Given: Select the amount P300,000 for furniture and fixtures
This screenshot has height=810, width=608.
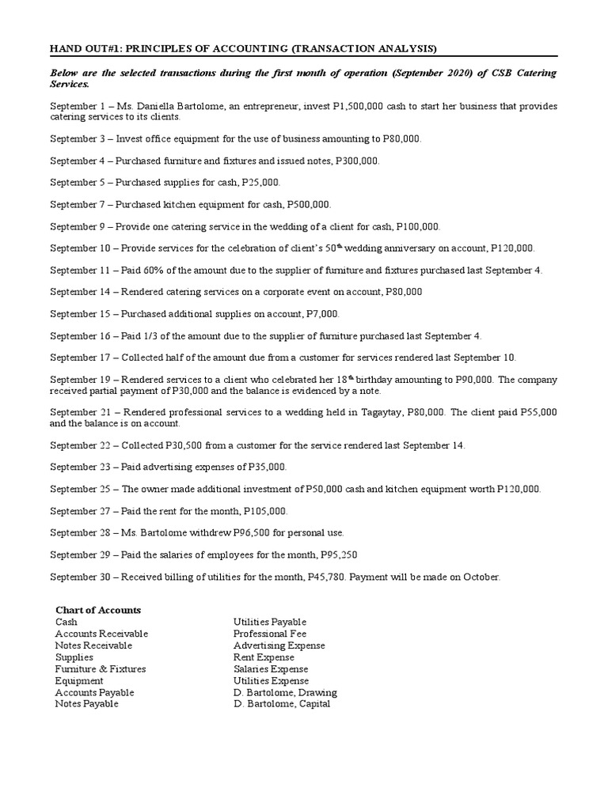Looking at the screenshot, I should (358, 161).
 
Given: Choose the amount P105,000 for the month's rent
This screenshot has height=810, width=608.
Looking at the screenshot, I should (265, 511).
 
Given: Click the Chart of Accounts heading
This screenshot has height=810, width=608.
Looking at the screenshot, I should (98, 610).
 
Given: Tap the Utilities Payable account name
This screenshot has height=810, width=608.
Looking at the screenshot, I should (269, 622).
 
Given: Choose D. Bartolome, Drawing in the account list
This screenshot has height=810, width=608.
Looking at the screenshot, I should (285, 692).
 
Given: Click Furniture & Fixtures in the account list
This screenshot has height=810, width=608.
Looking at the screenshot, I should (100, 668).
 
